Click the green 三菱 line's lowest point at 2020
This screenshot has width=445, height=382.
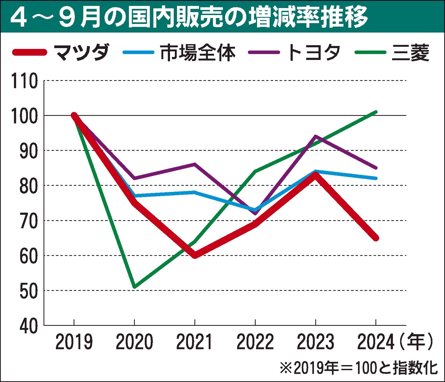pos(134,287)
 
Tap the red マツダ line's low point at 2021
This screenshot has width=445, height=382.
pos(195,255)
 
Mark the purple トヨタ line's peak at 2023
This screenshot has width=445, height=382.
pos(316,136)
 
